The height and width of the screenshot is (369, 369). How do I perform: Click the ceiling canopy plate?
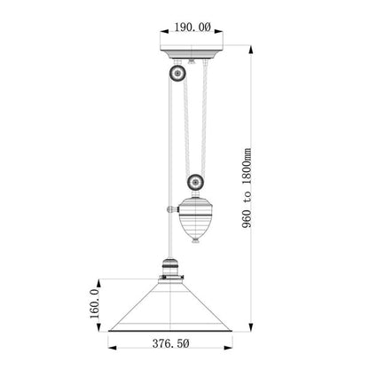tap(193, 57)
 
